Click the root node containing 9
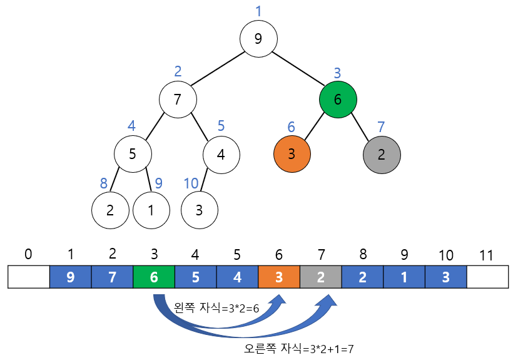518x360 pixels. [x=258, y=39]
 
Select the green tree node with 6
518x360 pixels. [x=338, y=99]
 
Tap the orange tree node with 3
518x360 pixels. [x=292, y=153]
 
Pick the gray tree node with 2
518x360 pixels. [x=382, y=153]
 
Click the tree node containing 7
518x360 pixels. [x=178, y=99]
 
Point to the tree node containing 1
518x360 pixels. [x=151, y=209]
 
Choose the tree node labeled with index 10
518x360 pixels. [x=200, y=209]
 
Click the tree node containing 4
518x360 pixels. [x=221, y=153]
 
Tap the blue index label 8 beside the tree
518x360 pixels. [x=104, y=184]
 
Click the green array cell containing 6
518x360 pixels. [x=154, y=277]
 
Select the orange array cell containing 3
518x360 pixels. [x=279, y=277]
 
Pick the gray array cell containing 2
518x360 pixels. [x=320, y=277]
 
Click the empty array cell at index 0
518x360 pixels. [x=29, y=277]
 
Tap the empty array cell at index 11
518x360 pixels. [x=487, y=277]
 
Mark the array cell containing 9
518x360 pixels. [x=71, y=277]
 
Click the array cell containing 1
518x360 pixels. [x=404, y=277]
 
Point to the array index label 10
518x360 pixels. [x=445, y=255]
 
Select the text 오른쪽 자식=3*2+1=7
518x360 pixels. [x=300, y=348]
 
